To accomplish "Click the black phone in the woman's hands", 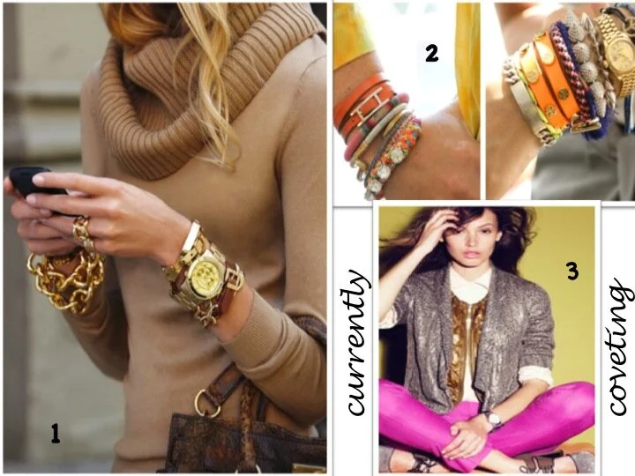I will pos(33,180).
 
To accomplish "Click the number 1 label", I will pos(55,434).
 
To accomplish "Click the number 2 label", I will pos(431,53).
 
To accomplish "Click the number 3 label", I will pos(571,272).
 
